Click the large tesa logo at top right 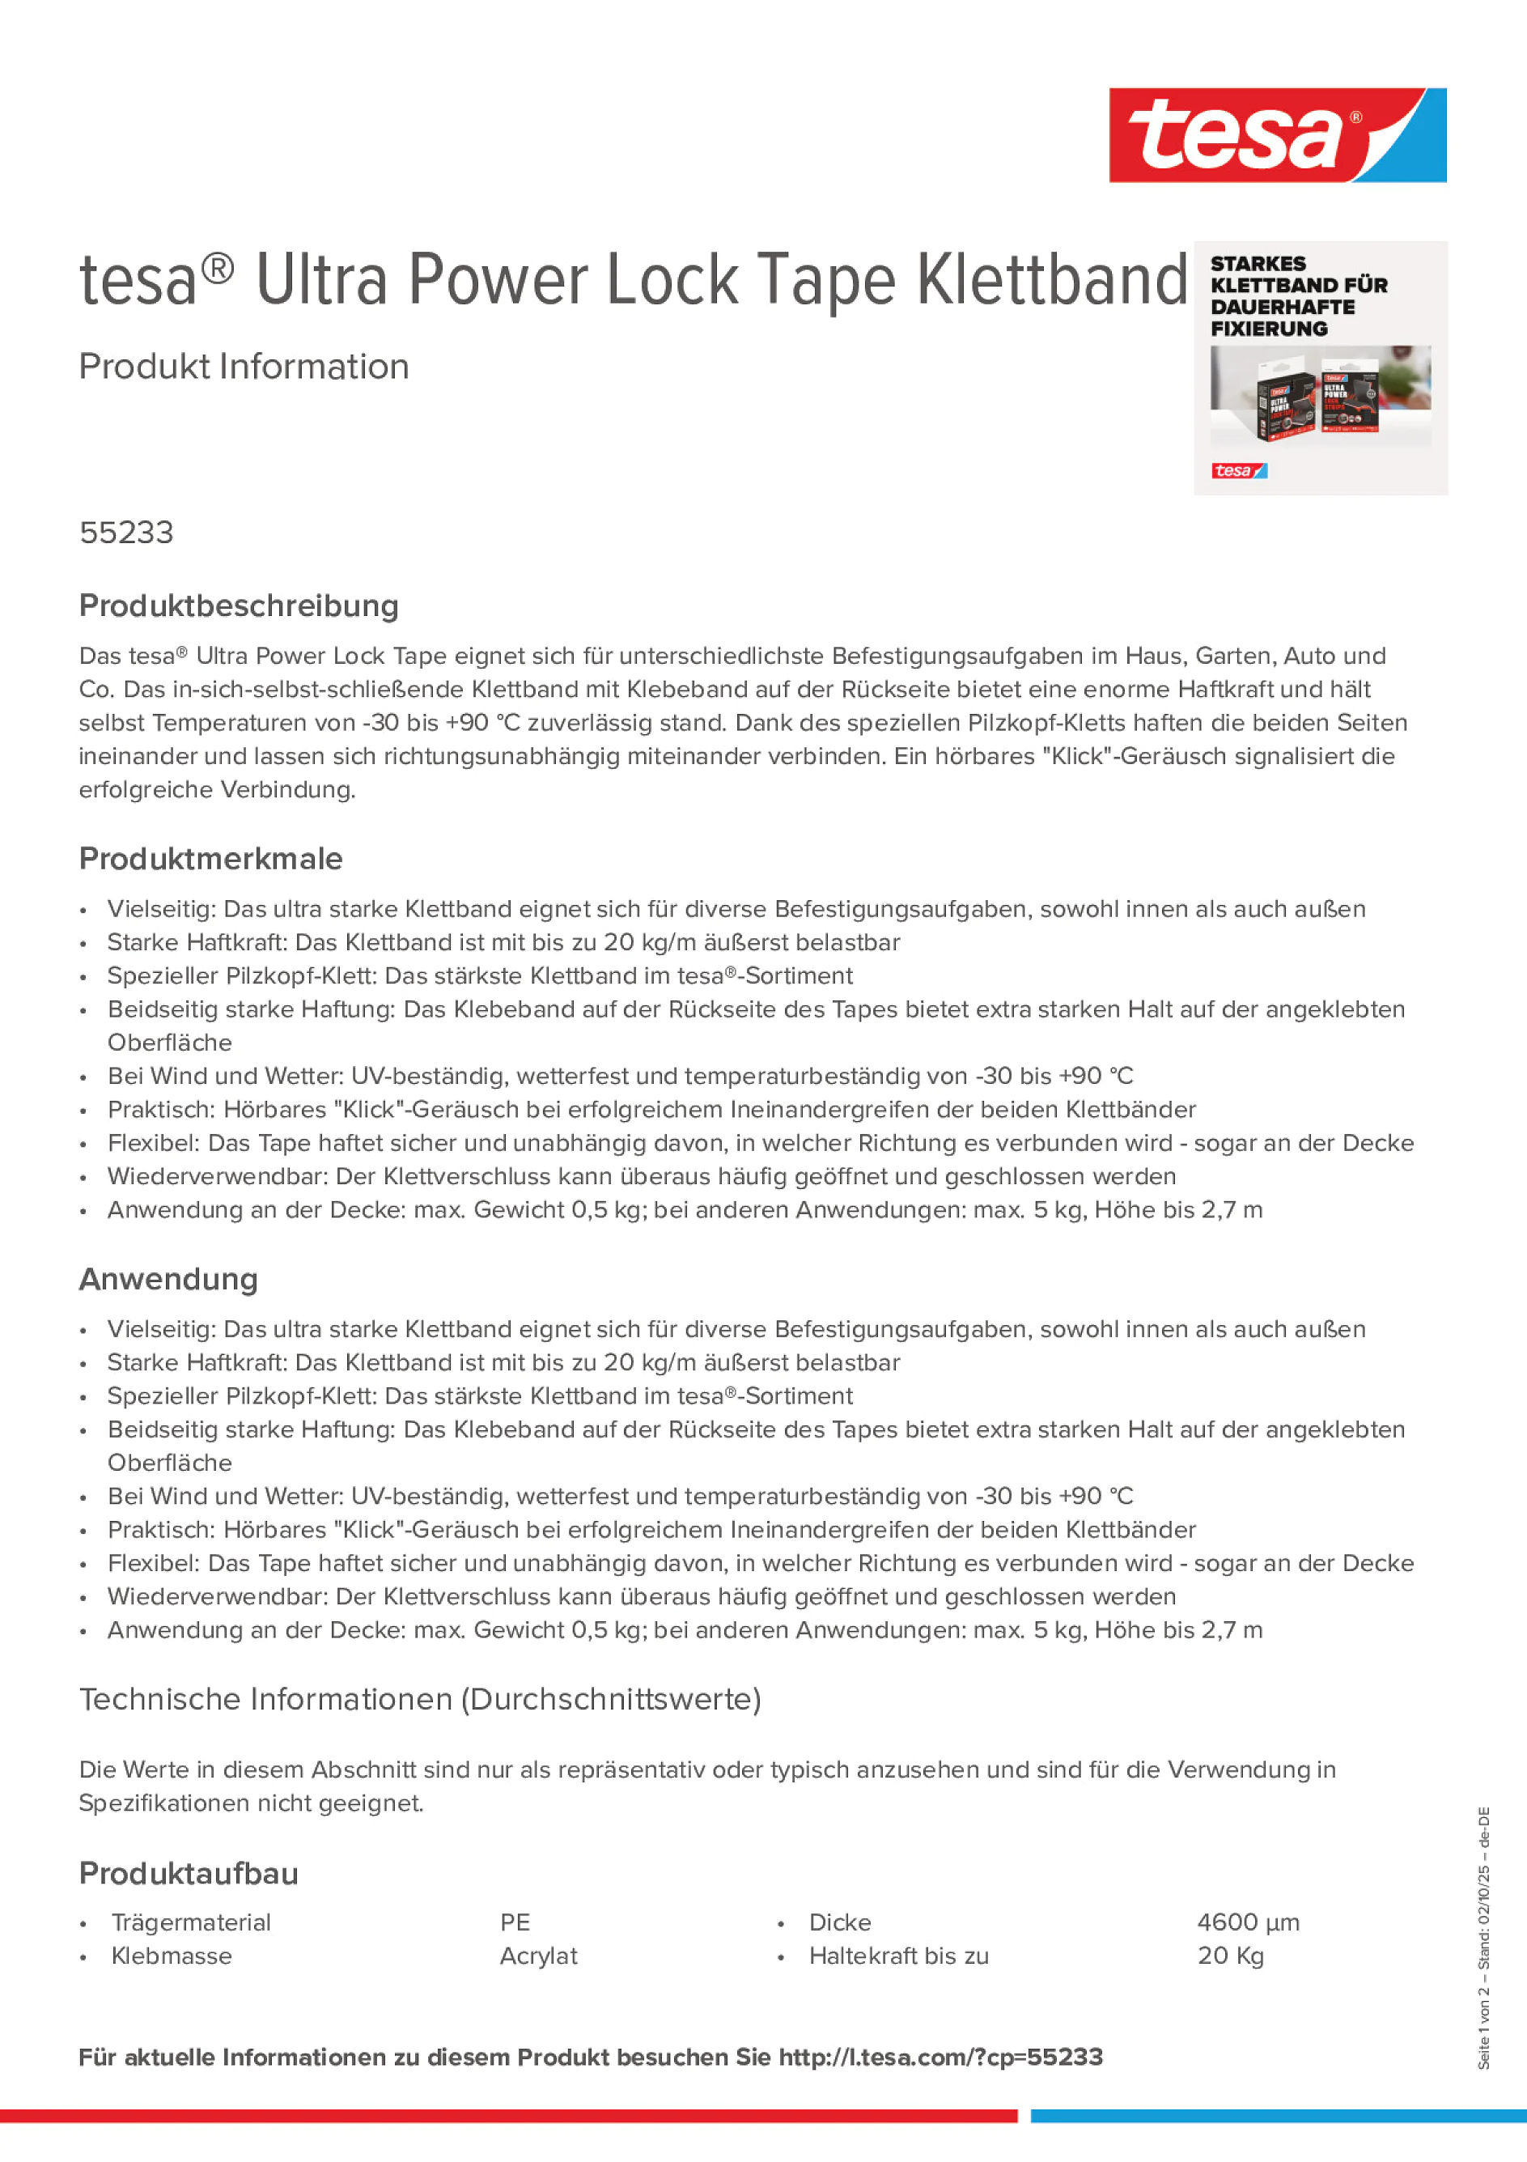tap(1277, 136)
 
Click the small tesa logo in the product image tap(1238, 471)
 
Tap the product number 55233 tap(126, 533)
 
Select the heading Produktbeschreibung tap(238, 606)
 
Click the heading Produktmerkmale tap(211, 859)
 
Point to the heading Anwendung tap(168, 1280)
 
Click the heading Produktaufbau tap(189, 1874)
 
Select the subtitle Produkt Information tap(244, 367)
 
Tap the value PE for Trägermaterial tap(515, 1923)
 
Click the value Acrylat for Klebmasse tap(538, 1956)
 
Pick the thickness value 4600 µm tap(1247, 1923)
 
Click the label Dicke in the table tap(840, 1923)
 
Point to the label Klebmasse tap(172, 1956)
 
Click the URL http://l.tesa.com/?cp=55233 tap(940, 2058)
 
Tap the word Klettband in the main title tap(1051, 281)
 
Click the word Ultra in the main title tap(321, 281)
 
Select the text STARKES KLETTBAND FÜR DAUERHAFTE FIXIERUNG tap(1298, 295)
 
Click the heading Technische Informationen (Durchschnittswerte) tap(420, 1700)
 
